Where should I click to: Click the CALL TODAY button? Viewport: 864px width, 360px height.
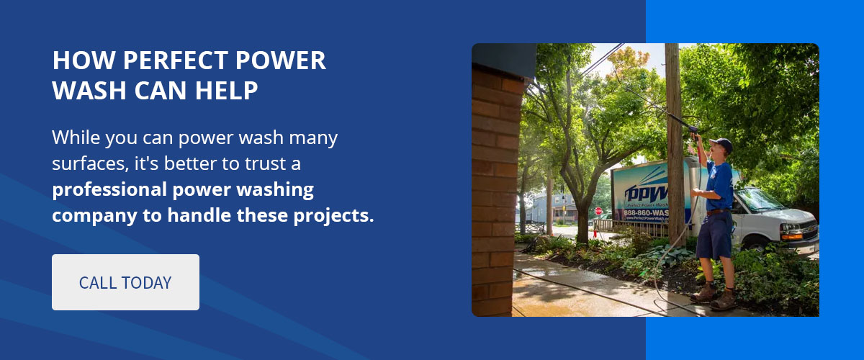tap(125, 282)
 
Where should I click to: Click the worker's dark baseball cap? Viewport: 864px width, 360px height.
tap(721, 144)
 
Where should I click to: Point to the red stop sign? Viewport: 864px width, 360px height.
tap(598, 211)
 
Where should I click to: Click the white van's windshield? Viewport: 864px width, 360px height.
tap(759, 200)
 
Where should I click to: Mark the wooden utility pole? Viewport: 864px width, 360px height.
tap(674, 144)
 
